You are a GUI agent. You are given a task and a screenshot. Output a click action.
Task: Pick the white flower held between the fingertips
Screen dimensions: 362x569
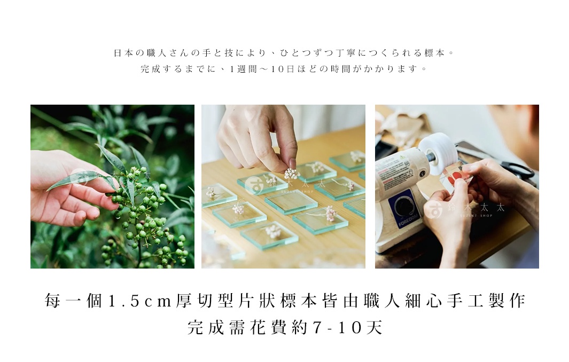click(x=291, y=173)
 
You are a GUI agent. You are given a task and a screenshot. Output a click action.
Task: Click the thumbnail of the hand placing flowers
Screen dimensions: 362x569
click(x=283, y=186)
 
